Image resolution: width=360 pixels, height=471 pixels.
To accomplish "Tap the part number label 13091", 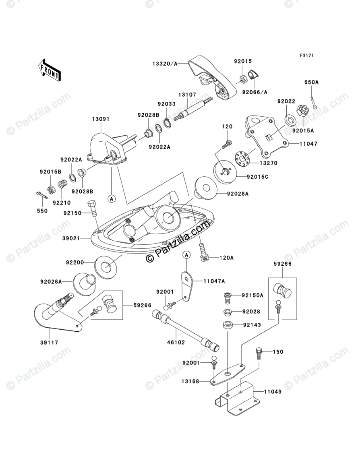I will click(x=100, y=119).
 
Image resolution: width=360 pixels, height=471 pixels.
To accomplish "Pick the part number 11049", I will click(x=273, y=391).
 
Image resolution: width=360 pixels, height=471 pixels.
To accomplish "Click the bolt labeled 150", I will click(x=258, y=353).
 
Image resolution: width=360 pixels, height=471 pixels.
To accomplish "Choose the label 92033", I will click(x=166, y=103).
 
